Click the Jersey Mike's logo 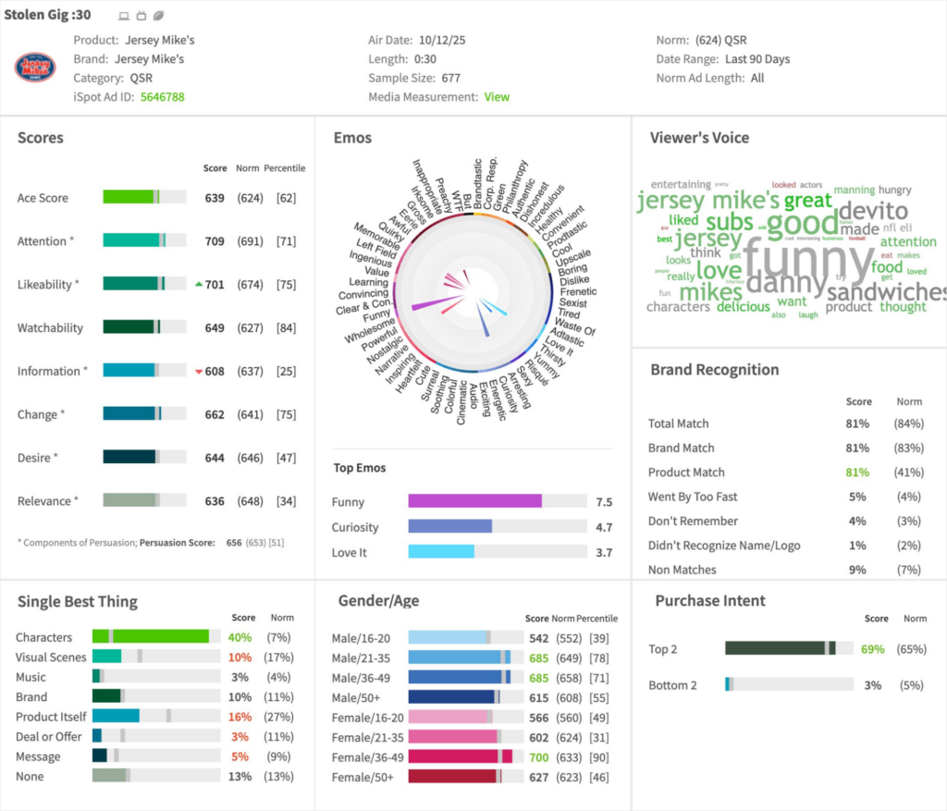coord(35,68)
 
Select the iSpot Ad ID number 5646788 coord(162,97)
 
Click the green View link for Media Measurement coord(497,97)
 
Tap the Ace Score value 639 coord(215,198)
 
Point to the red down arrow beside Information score coord(198,372)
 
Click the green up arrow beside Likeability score coord(198,285)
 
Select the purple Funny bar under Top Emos coord(474,501)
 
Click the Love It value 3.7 coord(604,552)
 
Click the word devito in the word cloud coord(872,211)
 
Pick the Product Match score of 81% coord(857,473)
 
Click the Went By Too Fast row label coord(693,497)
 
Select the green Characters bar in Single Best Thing coord(150,637)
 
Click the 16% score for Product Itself coord(240,717)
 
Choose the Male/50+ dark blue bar coord(451,697)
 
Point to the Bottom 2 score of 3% coord(872,685)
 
